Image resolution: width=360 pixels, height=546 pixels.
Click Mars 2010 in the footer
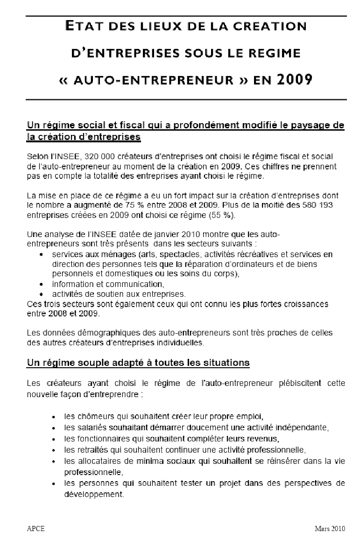[330, 529]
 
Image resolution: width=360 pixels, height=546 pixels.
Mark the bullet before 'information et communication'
[42, 284]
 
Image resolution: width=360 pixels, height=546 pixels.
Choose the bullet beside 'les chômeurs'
[55, 416]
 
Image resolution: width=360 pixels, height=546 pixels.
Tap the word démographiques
[89, 333]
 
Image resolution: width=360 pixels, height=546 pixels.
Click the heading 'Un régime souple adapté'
[138, 363]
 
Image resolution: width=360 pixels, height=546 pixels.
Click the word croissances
[304, 304]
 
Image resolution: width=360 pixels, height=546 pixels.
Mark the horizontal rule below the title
[186, 99]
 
